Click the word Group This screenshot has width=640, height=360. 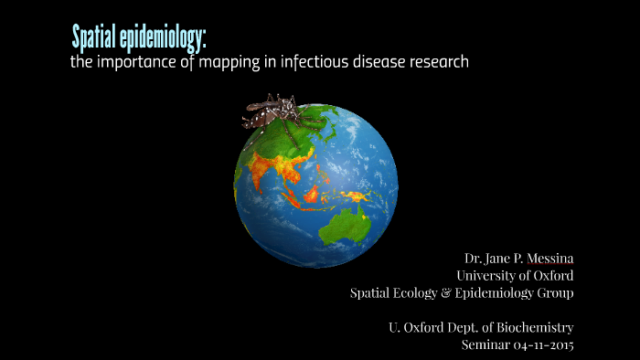pos(553,293)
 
